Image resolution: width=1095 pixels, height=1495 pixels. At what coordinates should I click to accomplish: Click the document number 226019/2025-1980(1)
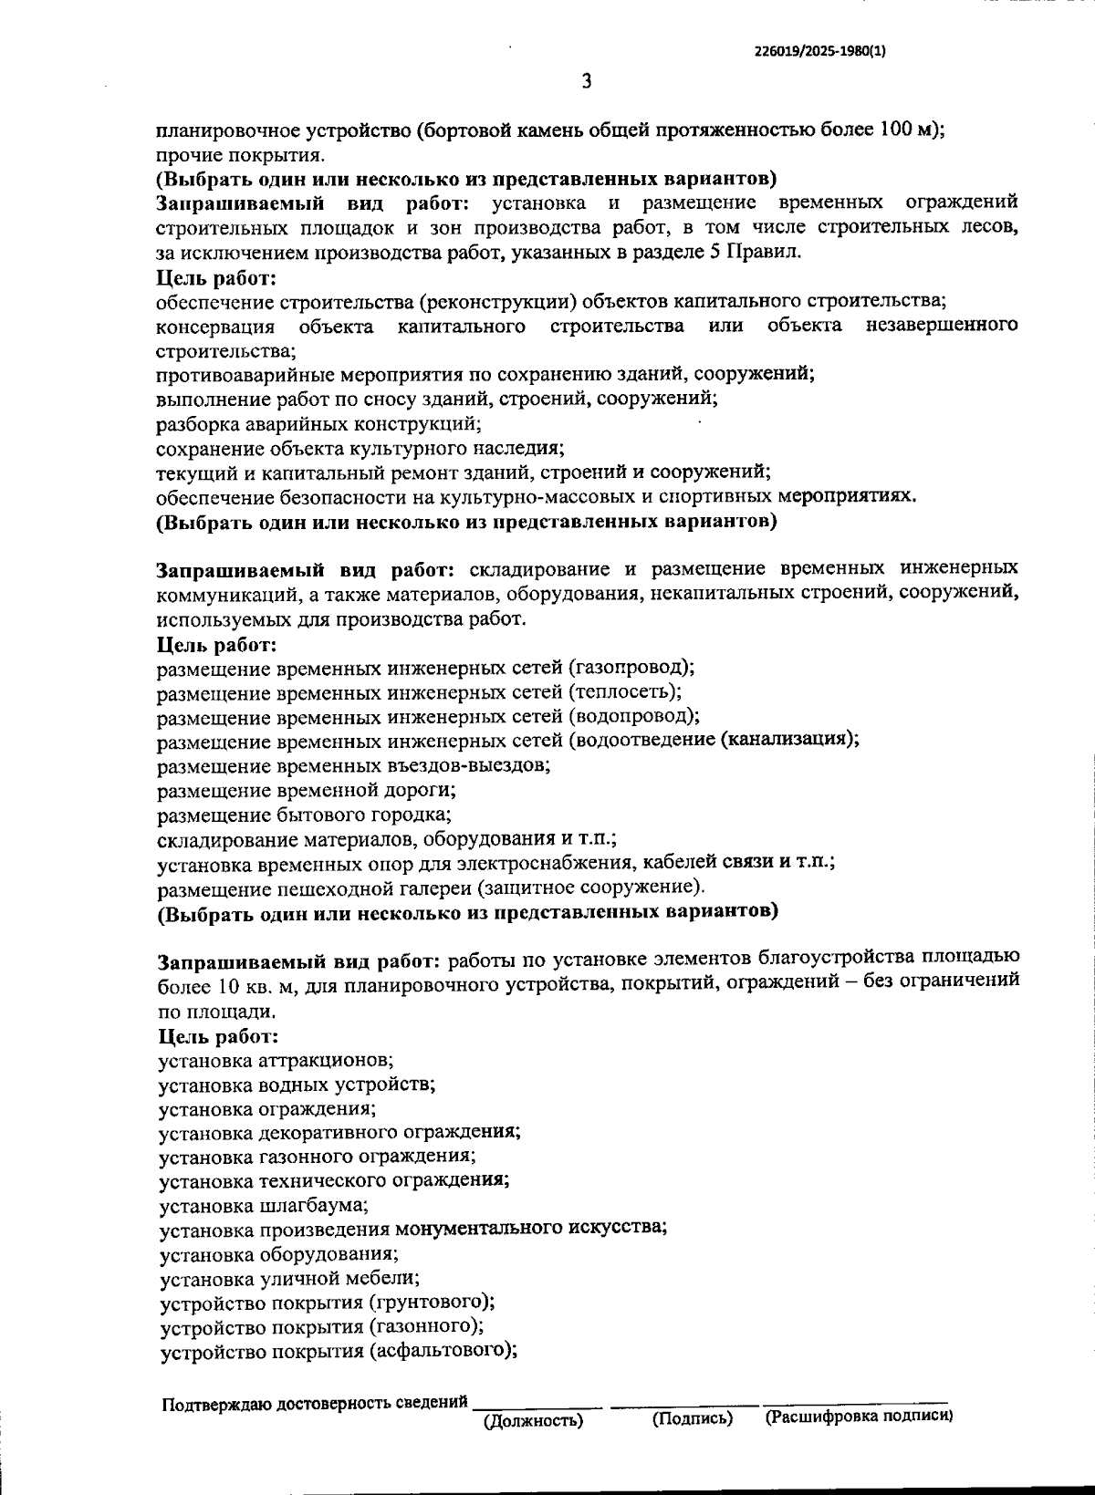point(819,52)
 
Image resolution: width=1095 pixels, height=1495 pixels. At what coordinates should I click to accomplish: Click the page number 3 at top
point(587,82)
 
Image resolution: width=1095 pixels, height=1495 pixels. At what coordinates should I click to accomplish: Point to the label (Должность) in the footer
point(533,1420)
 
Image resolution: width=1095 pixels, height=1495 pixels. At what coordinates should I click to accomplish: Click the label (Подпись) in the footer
point(693,1418)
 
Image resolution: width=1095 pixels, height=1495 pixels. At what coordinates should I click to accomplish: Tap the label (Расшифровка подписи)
point(859,1417)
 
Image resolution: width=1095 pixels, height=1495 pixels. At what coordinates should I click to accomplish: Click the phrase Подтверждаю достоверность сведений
point(314,1403)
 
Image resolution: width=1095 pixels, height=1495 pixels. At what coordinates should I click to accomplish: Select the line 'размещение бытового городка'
point(304,814)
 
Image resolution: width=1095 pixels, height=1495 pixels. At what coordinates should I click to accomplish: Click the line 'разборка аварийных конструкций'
point(318,423)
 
